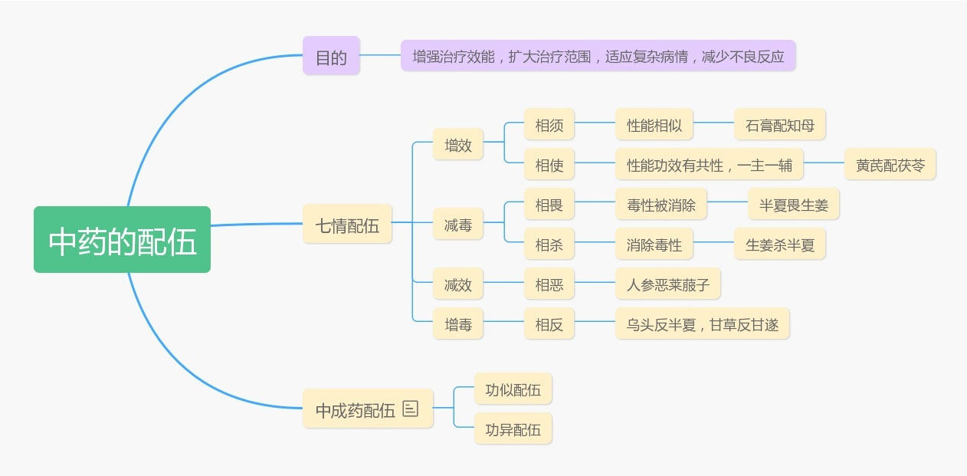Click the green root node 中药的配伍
click(x=122, y=240)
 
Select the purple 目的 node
click(x=331, y=56)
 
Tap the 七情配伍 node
click(x=347, y=225)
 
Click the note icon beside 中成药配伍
click(x=411, y=409)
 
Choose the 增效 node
click(x=458, y=144)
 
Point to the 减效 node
click(x=458, y=284)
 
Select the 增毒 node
click(x=458, y=324)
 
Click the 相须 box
click(x=549, y=124)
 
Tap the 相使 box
click(x=549, y=164)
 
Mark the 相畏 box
click(x=549, y=205)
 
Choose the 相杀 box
click(x=549, y=245)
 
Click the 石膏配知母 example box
click(x=779, y=124)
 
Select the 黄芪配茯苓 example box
click(x=890, y=164)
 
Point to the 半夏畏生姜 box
click(x=793, y=205)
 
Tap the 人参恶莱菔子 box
click(x=667, y=284)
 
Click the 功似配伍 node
click(x=513, y=389)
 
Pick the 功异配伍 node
click(x=513, y=428)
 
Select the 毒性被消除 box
click(x=661, y=205)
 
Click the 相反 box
click(x=549, y=324)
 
